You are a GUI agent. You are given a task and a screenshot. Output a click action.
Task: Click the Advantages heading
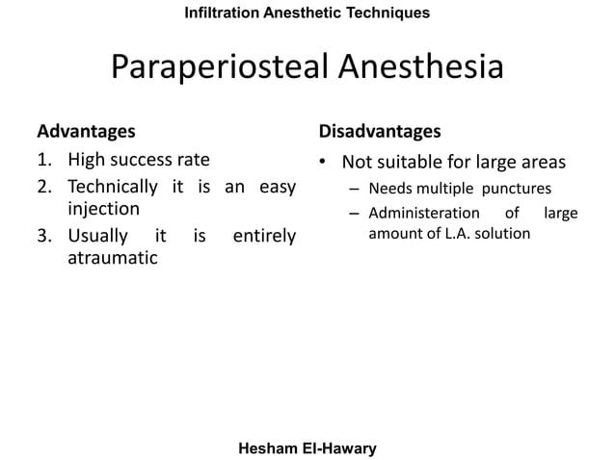86,130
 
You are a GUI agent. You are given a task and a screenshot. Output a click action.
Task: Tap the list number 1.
43,159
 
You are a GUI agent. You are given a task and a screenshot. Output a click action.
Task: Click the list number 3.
43,235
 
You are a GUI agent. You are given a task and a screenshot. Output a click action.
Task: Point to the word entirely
264,235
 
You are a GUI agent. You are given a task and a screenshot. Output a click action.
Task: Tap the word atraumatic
112,258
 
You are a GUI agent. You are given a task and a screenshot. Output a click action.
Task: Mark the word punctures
518,188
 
